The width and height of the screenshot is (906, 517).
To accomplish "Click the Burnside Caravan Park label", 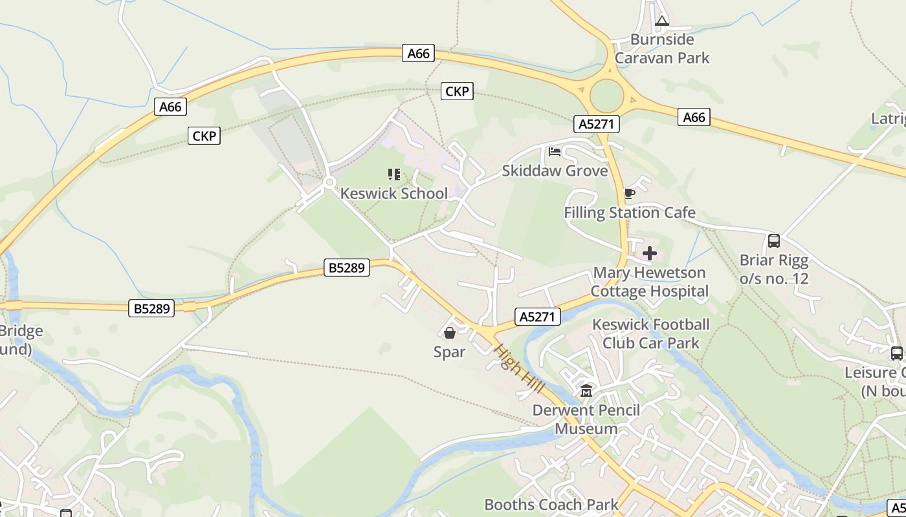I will [661, 48].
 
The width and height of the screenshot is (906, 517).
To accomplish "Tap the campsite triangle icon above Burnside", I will [661, 21].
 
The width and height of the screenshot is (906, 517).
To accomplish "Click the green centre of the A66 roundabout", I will [606, 96].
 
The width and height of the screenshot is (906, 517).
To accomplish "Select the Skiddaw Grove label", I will [555, 171].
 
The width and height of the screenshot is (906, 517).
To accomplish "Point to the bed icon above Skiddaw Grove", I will [555, 153].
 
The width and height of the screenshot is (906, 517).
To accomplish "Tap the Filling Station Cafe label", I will [629, 213].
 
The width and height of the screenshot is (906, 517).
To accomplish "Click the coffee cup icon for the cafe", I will [629, 193].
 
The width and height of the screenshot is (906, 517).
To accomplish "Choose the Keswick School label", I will [393, 193].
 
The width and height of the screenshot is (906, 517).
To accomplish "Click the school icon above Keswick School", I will [393, 174].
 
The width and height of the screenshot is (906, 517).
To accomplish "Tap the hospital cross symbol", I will [650, 253].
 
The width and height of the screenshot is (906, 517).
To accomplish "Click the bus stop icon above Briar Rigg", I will [774, 241].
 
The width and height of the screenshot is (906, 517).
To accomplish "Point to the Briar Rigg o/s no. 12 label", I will [774, 269].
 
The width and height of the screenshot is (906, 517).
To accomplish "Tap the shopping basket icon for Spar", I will [450, 333].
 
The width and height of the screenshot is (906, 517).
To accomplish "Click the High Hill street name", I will [511, 366].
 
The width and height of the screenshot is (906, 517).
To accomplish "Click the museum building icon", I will [586, 391].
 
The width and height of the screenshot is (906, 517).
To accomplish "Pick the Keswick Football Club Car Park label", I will [650, 333].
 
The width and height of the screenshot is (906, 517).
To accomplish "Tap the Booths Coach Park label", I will [551, 504].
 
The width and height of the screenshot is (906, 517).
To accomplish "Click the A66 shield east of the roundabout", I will [694, 117].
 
